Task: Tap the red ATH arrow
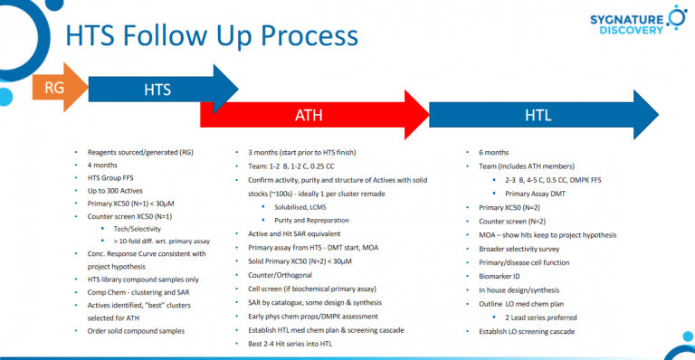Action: pos(308,115)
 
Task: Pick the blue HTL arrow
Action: pos(538,115)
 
